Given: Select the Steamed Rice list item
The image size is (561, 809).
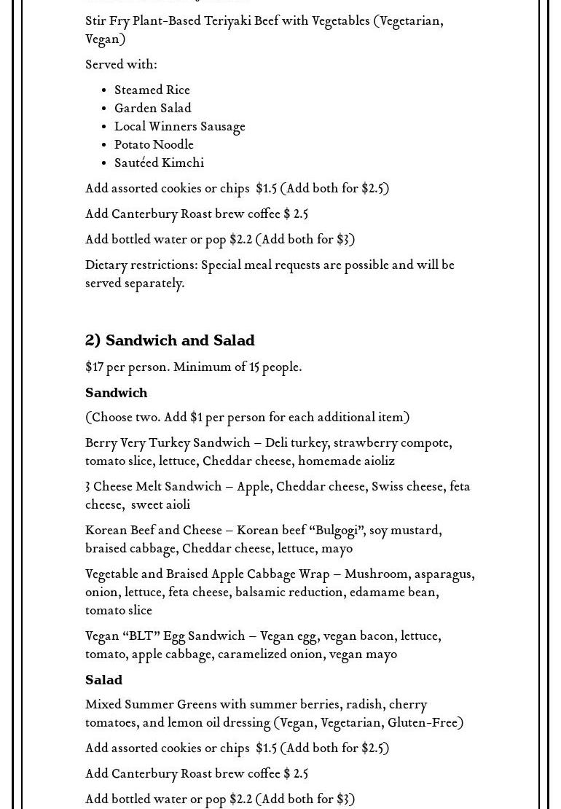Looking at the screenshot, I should point(152,90).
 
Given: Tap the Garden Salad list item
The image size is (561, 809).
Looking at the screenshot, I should point(153,109).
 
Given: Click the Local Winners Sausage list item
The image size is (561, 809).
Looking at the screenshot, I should point(179,127).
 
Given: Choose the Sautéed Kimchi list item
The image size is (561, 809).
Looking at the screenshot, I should point(159,163).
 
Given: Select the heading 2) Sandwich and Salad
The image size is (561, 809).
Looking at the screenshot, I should point(170,340).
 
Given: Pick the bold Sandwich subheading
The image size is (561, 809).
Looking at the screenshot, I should point(116,393).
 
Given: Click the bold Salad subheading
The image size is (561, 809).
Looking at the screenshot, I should point(103,680).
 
